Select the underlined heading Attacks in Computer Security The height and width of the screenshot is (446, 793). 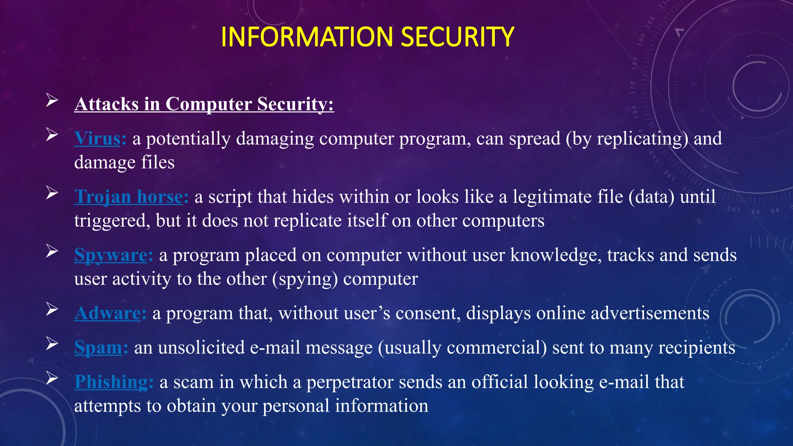pos(204,104)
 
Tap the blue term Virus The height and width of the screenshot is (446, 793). pos(98,139)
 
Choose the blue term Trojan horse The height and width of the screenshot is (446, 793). pos(129,197)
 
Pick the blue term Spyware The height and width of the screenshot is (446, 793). pos(111,255)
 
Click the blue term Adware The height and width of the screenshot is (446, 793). pos(108,313)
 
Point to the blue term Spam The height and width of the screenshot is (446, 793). pos(98,348)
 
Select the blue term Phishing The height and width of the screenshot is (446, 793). pos(111,382)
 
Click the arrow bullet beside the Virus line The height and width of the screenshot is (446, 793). pos(52,135)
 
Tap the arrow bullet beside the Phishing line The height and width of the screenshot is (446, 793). pos(52,378)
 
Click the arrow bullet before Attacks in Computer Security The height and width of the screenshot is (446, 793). pos(52,100)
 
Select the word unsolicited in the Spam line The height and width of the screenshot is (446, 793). pos(201,348)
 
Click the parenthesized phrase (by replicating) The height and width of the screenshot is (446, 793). pos(627,139)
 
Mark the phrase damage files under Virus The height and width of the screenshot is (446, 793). pos(124,163)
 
